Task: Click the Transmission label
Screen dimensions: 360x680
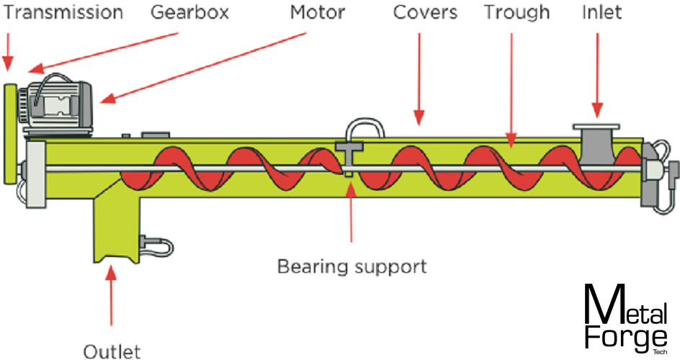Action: (63, 12)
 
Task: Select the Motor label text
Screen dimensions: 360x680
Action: (318, 12)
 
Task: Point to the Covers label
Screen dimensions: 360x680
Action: (425, 12)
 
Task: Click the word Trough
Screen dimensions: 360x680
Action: (516, 12)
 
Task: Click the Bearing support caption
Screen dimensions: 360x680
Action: (352, 266)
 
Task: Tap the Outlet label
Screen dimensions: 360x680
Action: (112, 351)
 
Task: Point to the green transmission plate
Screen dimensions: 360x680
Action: (11, 133)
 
